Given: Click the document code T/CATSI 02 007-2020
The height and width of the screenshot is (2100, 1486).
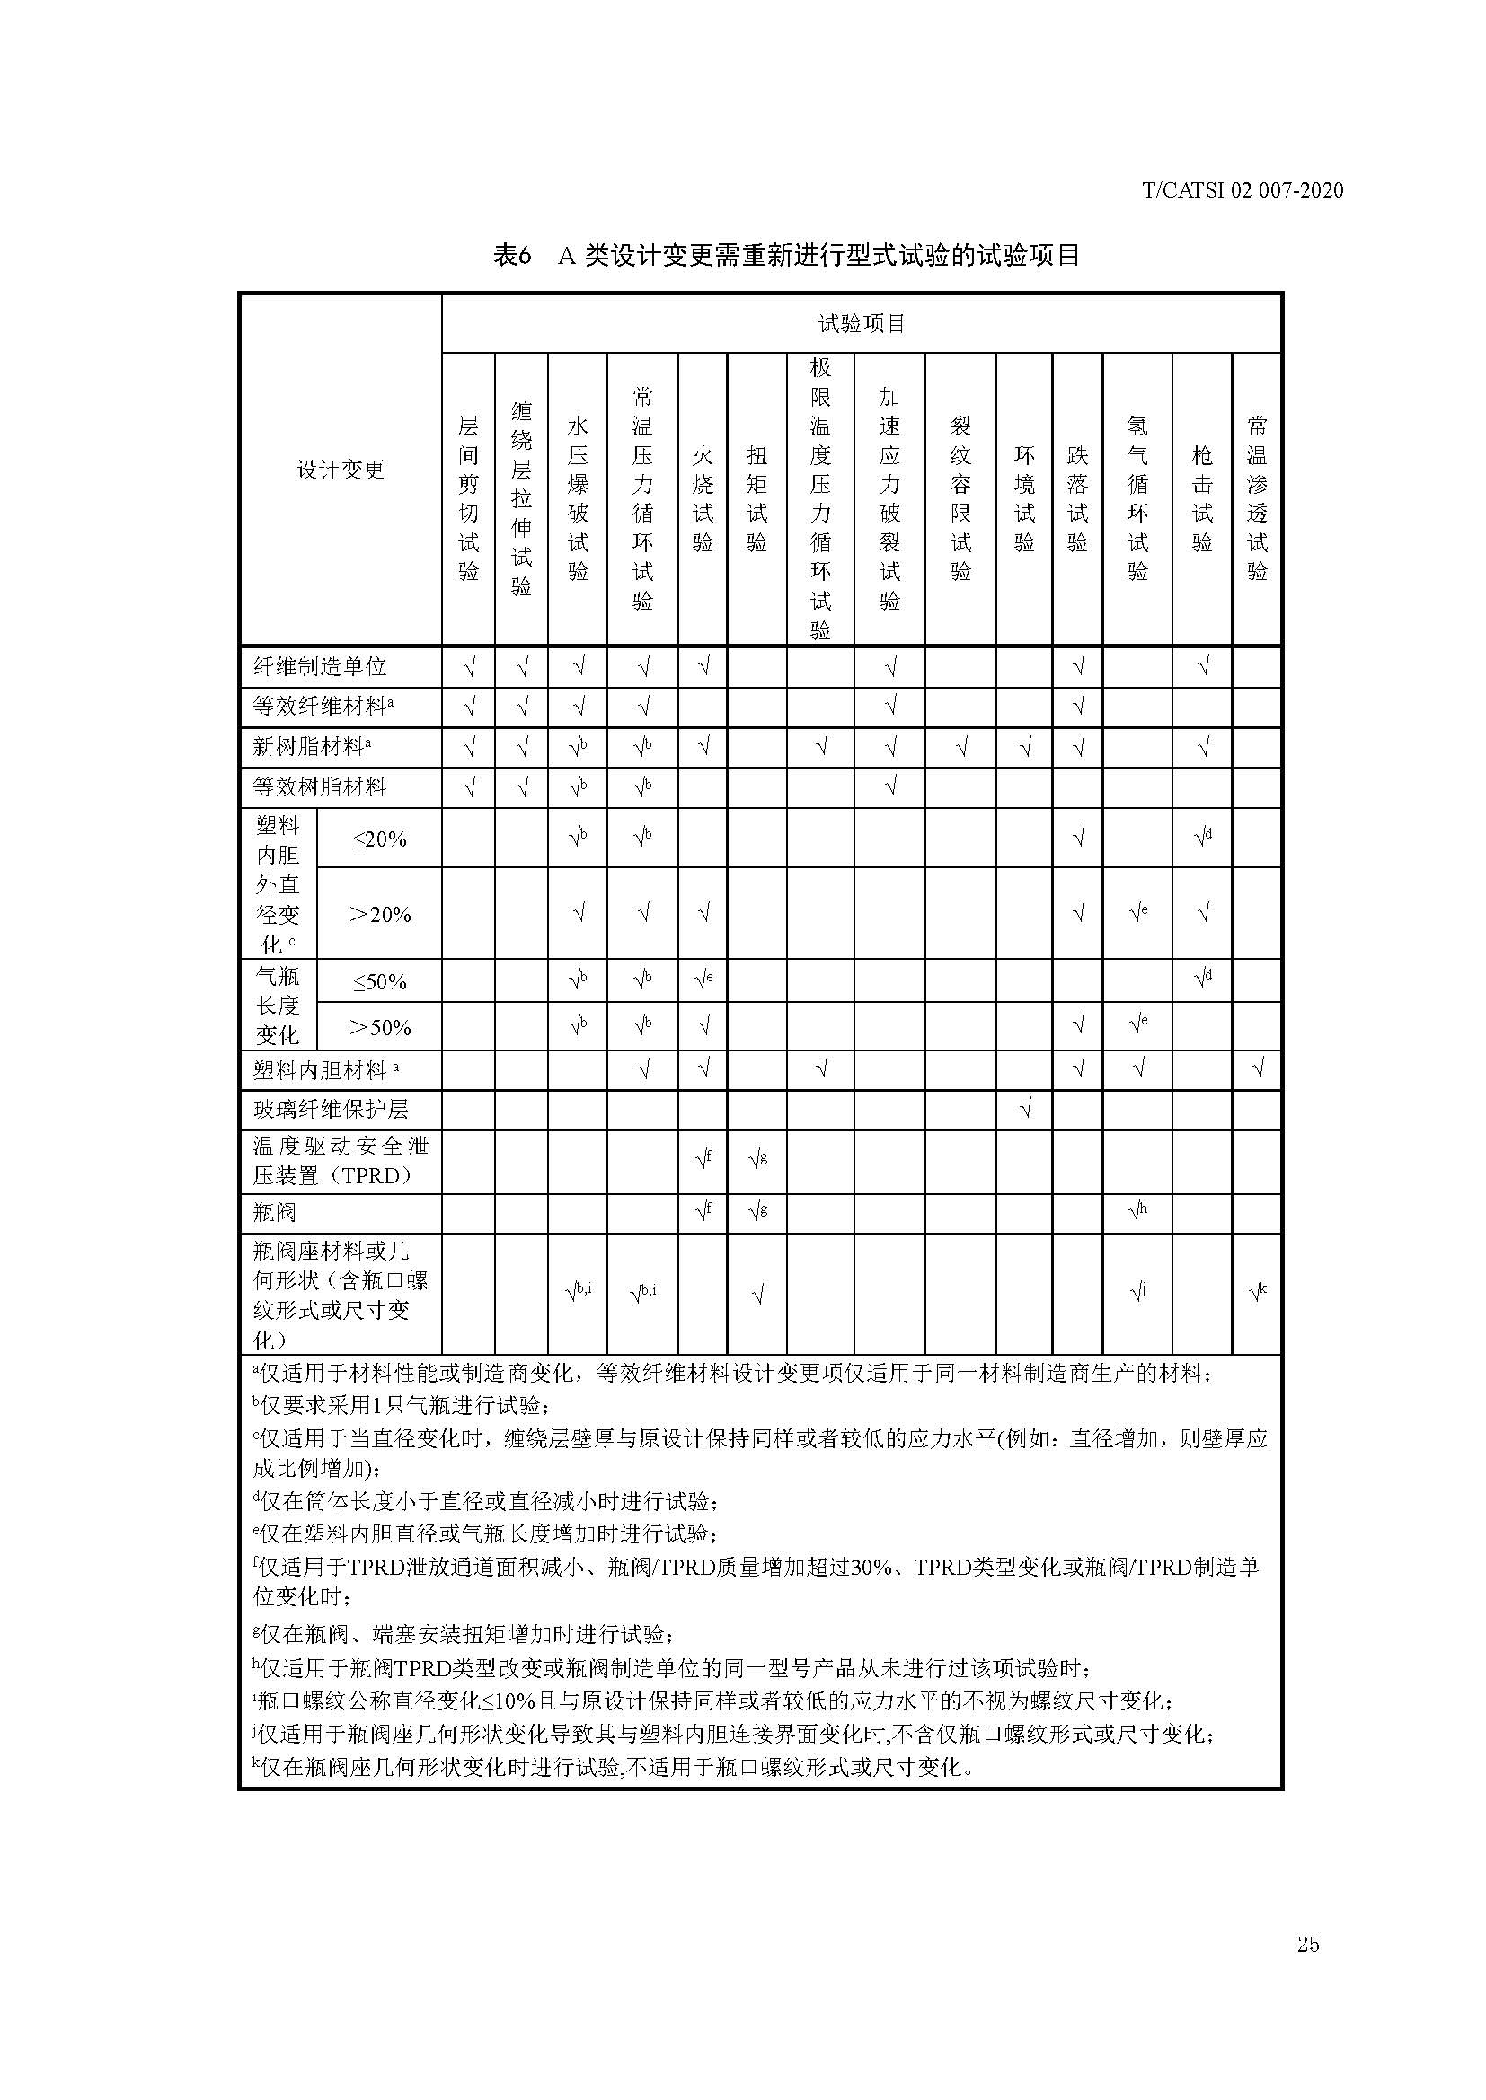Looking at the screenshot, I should tap(1243, 190).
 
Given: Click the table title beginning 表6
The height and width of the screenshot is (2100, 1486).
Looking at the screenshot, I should tap(786, 255).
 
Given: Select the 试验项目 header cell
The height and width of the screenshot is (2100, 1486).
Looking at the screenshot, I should tap(860, 323).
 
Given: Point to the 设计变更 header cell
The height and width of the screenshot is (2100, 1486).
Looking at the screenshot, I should tap(340, 470).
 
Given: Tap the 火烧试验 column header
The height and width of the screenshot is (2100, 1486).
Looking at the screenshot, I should tap(703, 498).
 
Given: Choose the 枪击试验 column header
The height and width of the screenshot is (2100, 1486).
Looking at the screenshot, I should tap(1201, 498).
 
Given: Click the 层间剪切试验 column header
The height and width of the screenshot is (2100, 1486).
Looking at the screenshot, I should tap(467, 498).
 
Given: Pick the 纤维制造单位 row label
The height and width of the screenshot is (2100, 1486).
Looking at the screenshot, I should tap(319, 667).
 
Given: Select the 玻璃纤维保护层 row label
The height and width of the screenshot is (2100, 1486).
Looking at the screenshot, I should tap(331, 1110).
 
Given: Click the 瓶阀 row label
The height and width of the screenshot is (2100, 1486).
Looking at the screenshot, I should tap(275, 1213).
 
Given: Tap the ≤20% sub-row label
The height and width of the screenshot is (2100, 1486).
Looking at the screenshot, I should tap(379, 839).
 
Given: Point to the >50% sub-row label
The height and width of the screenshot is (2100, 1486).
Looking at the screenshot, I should tap(380, 1027).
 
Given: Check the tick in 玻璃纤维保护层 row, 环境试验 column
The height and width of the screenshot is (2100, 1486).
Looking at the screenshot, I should tap(1025, 1110).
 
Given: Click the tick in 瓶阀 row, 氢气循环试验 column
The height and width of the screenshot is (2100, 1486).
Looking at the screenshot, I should tap(1137, 1213).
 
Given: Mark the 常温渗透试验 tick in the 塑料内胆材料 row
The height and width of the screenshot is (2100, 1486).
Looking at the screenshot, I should tap(1256, 1069).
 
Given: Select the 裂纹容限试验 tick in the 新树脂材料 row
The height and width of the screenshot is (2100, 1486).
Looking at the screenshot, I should tap(960, 747).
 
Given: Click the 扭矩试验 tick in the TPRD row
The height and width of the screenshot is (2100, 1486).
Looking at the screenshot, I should tap(756, 1160).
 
